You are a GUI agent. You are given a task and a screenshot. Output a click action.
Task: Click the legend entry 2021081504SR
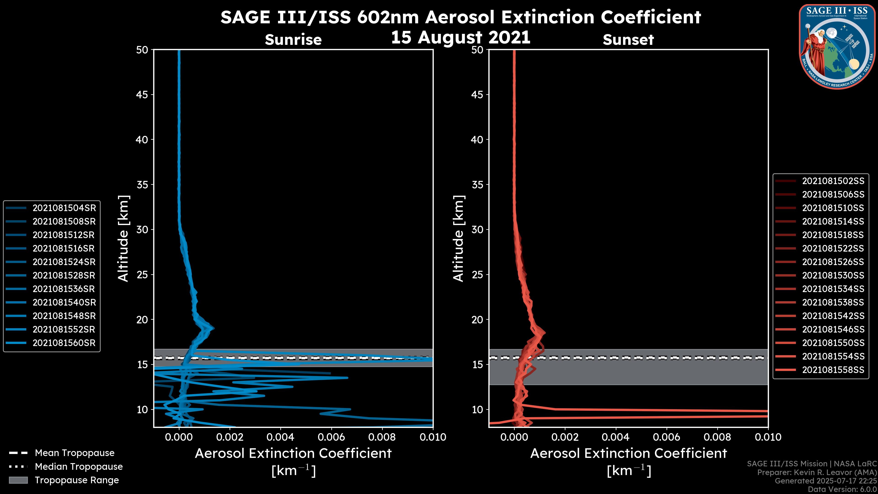pos(64,208)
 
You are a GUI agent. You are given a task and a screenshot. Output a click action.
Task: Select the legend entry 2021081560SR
pos(64,343)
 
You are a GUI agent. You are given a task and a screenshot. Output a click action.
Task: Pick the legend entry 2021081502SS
pos(833,181)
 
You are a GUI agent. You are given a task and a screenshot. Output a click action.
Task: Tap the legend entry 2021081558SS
pos(833,370)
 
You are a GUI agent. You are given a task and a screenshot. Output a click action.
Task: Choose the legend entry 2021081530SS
pos(833,275)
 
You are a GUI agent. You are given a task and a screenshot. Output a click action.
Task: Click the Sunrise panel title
pos(293,40)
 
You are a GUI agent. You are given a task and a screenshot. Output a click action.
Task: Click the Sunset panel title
pos(628,40)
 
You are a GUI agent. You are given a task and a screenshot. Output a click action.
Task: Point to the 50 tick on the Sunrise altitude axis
pos(142,50)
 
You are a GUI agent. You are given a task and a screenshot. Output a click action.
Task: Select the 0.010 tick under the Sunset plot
pos(768,437)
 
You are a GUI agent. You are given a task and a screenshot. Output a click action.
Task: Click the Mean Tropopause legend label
pos(75,453)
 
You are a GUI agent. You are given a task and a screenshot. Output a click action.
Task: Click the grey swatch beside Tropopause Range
pos(18,480)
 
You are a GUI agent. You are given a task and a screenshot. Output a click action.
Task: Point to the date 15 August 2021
pos(460,38)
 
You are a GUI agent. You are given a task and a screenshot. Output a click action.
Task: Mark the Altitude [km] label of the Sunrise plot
pos(123,238)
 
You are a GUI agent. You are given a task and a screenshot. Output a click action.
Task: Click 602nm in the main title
pos(388,17)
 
